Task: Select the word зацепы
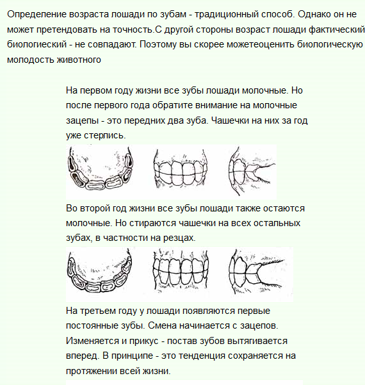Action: pyautogui.click(x=83, y=120)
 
